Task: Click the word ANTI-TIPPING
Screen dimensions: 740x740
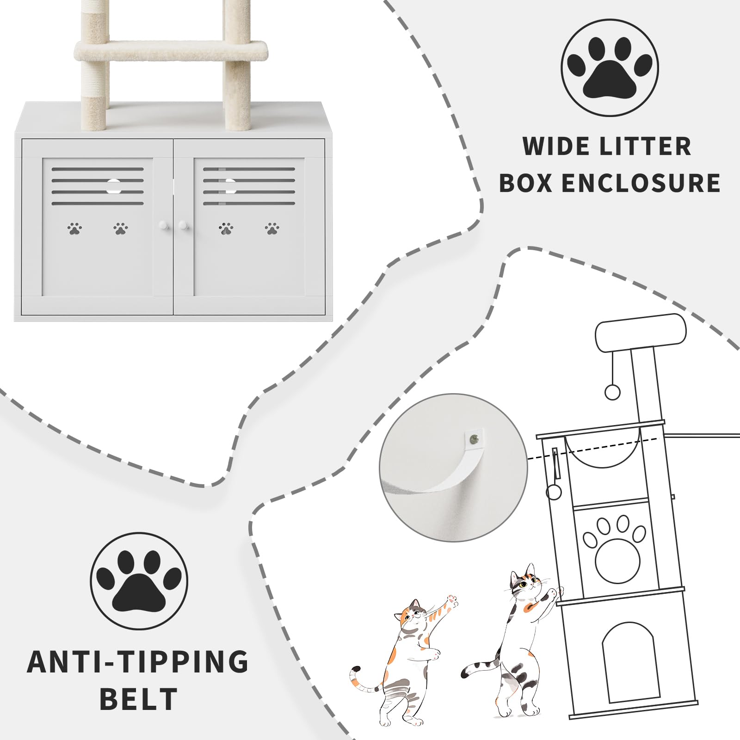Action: click(x=138, y=662)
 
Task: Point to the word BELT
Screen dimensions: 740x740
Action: click(x=139, y=699)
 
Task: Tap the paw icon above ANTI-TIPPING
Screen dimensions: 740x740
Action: click(x=139, y=581)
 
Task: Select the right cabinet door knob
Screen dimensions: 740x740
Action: click(x=183, y=225)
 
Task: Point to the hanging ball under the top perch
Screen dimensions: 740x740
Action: click(x=612, y=393)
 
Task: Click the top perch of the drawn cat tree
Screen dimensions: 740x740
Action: click(x=641, y=332)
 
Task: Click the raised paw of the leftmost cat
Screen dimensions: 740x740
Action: click(x=450, y=602)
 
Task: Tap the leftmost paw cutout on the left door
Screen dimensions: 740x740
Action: click(x=74, y=228)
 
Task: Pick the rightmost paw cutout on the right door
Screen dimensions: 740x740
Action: click(x=272, y=228)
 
